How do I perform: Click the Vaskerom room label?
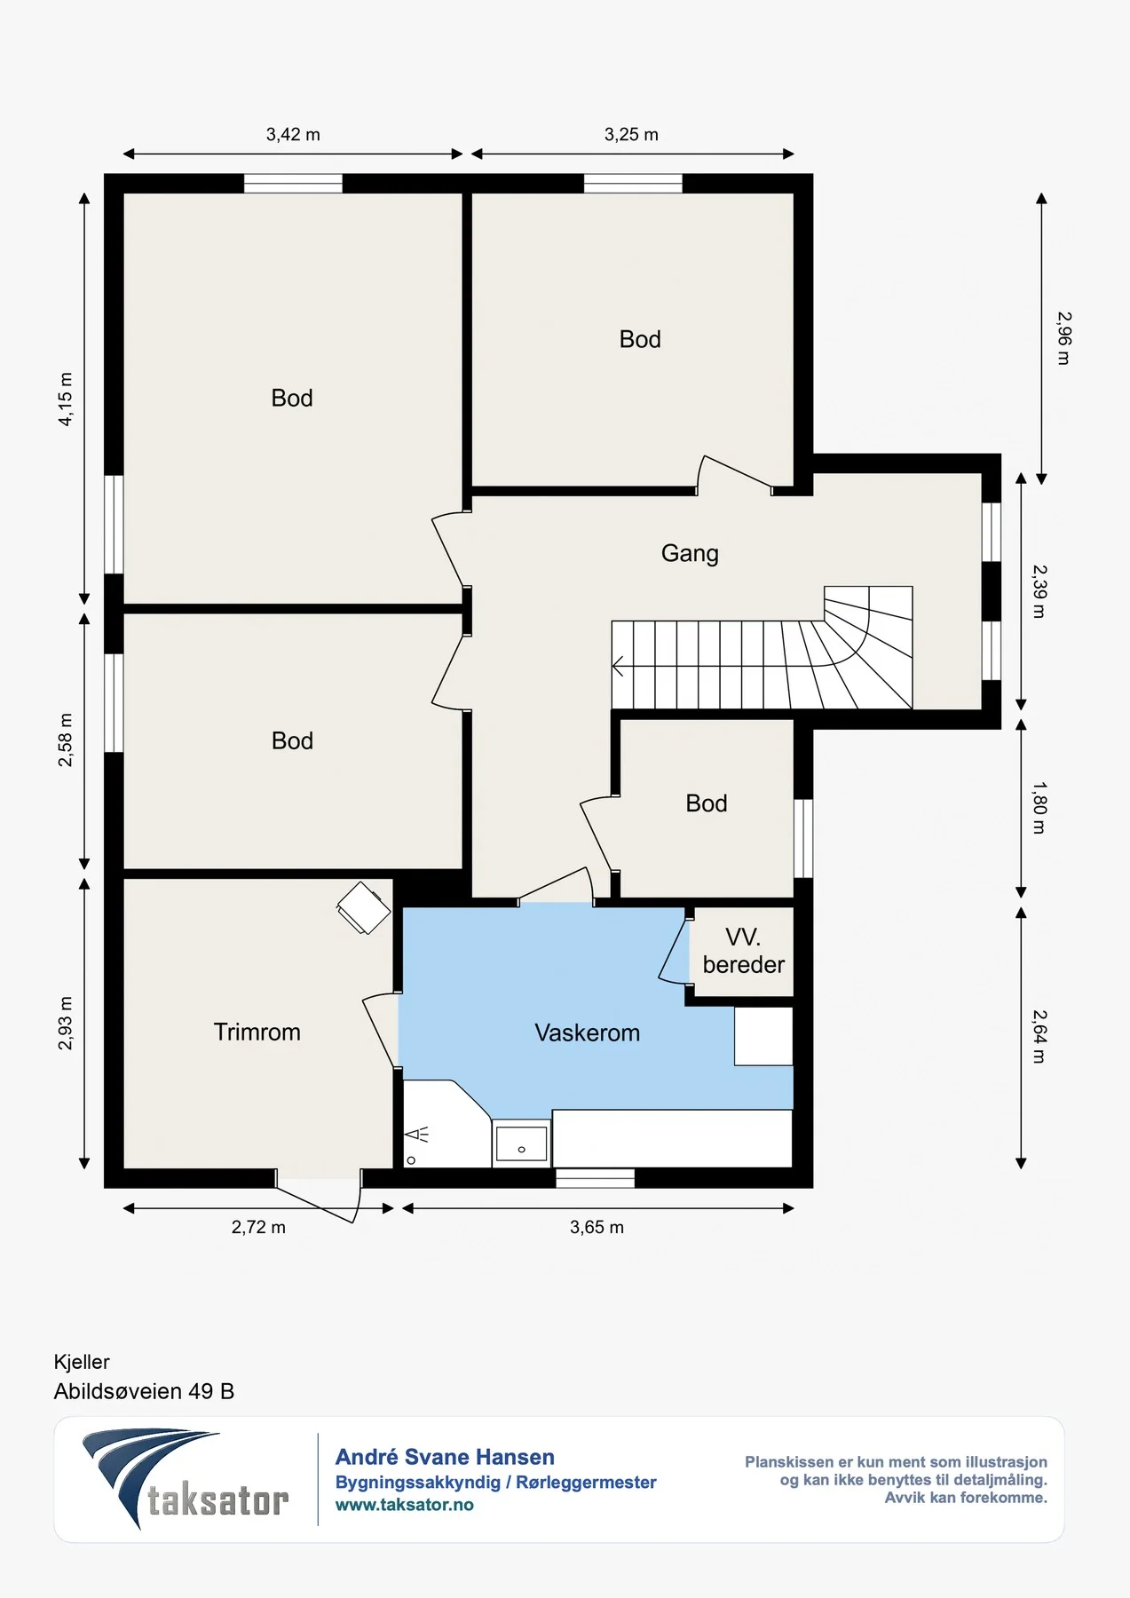pyautogui.click(x=587, y=1032)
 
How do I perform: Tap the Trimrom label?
pyautogui.click(x=257, y=1032)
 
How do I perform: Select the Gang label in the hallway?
pyautogui.click(x=690, y=553)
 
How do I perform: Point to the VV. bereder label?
pyautogui.click(x=744, y=951)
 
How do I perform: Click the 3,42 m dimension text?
pyautogui.click(x=293, y=135)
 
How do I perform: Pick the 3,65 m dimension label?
pyautogui.click(x=597, y=1228)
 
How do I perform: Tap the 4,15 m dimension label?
pyautogui.click(x=66, y=399)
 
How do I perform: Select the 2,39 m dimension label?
pyautogui.click(x=1039, y=592)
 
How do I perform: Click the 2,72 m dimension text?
pyautogui.click(x=258, y=1228)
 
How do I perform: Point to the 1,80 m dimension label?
pyautogui.click(x=1039, y=808)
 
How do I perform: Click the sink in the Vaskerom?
pyautogui.click(x=521, y=1143)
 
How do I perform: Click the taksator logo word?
pyautogui.click(x=218, y=1500)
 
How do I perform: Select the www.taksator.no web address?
pyautogui.click(x=404, y=1505)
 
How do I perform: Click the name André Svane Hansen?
pyautogui.click(x=445, y=1457)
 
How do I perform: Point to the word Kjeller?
pyautogui.click(x=82, y=1362)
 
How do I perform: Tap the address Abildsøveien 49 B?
pyautogui.click(x=144, y=1391)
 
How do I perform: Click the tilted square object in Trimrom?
pyautogui.click(x=364, y=908)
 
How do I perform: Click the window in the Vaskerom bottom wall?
pyautogui.click(x=595, y=1178)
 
